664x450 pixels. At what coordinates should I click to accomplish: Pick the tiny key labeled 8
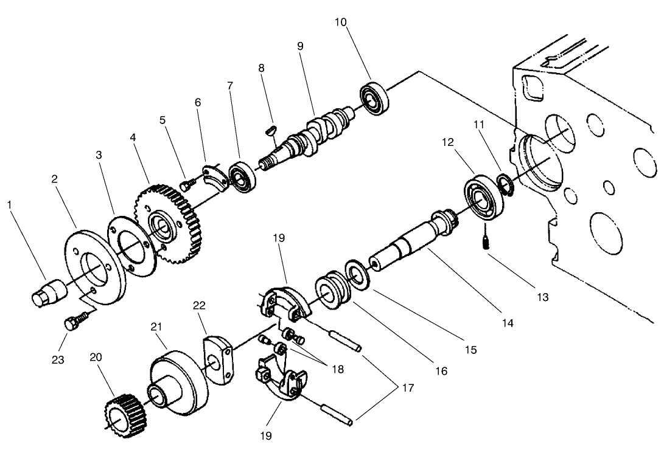(x=271, y=129)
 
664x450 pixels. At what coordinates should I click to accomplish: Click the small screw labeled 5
(x=187, y=183)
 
